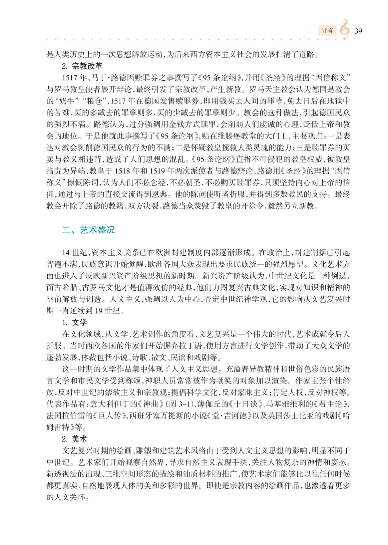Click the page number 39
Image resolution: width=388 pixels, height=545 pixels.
pyautogui.click(x=358, y=31)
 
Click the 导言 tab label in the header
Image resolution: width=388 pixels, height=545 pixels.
pyautogui.click(x=327, y=31)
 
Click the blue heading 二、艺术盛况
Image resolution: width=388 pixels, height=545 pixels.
pyautogui.click(x=89, y=230)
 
